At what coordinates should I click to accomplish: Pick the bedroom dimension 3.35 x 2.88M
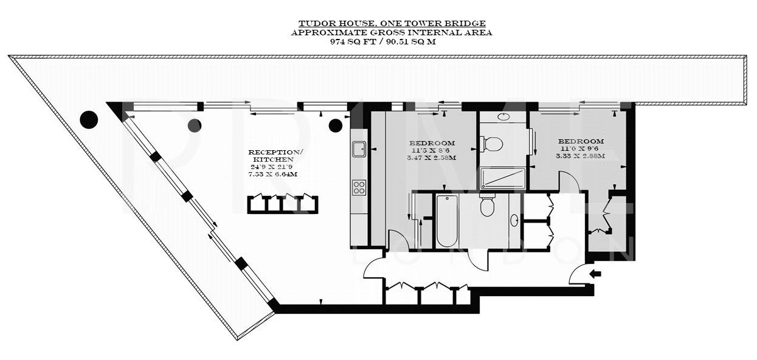(x=580, y=156)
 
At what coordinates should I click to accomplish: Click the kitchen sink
(x=359, y=147)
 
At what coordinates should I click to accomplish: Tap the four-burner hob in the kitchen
(x=359, y=187)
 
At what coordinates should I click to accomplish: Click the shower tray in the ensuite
(x=503, y=178)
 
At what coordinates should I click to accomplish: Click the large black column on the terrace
(x=89, y=120)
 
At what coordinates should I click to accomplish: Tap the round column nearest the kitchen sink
(x=335, y=125)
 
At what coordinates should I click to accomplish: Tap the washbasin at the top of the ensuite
(x=503, y=116)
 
